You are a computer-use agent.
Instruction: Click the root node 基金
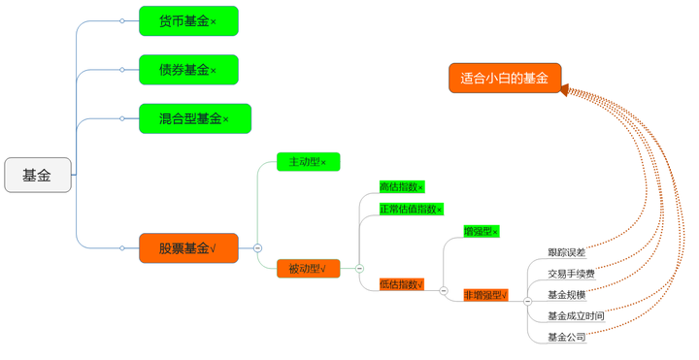click(x=38, y=176)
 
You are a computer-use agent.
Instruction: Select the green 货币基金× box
click(x=188, y=20)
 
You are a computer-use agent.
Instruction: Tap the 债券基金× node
click(x=188, y=70)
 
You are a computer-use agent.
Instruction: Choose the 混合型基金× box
click(x=195, y=118)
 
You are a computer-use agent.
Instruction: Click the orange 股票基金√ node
click(x=188, y=248)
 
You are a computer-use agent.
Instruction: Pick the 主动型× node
click(x=309, y=161)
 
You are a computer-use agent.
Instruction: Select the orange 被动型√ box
click(x=309, y=268)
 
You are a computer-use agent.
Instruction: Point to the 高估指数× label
click(x=402, y=186)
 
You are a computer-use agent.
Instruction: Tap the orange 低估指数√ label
click(x=402, y=284)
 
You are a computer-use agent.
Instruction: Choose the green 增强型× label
click(x=481, y=231)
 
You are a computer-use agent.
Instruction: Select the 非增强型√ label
click(x=485, y=295)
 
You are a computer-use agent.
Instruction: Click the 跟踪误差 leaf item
click(x=566, y=252)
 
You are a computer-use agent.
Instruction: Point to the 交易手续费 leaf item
click(x=571, y=274)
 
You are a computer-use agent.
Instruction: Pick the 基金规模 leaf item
click(x=566, y=295)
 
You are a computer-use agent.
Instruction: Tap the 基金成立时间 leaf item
click(x=576, y=316)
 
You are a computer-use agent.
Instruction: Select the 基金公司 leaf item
click(x=566, y=338)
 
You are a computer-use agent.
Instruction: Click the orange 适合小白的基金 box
click(x=505, y=79)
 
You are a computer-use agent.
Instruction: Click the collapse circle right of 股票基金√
click(x=257, y=248)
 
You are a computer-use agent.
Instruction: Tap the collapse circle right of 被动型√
click(x=359, y=268)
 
